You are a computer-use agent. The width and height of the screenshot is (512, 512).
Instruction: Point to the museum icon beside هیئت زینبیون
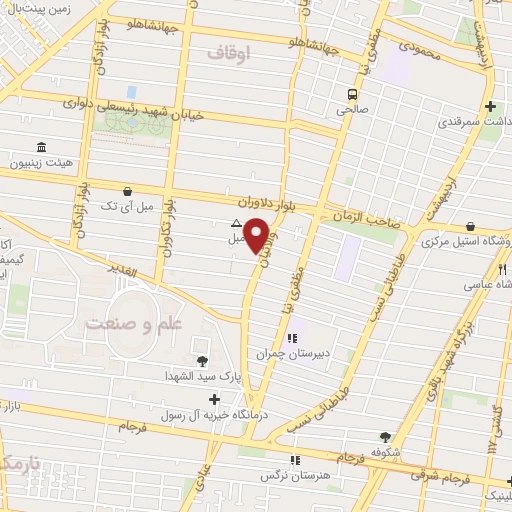click(41, 146)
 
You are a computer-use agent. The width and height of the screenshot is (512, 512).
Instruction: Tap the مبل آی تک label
click(128, 205)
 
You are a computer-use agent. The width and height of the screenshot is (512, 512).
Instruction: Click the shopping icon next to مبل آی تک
click(128, 191)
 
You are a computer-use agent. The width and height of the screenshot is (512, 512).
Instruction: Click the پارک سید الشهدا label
click(203, 376)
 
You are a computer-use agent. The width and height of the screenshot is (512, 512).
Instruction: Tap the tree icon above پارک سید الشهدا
click(203, 361)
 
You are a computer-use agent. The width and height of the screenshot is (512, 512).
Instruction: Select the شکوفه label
click(385, 452)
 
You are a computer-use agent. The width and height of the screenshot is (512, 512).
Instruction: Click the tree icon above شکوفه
click(385, 437)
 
